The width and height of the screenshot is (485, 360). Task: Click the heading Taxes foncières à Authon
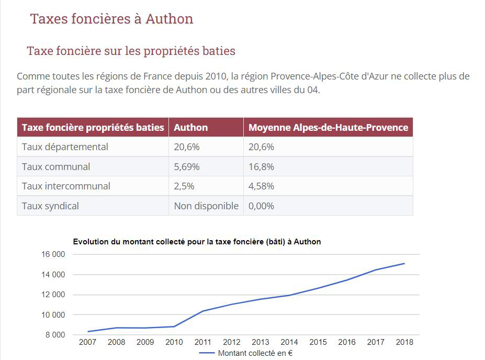click(111, 19)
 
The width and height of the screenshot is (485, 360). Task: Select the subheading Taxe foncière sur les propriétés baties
click(131, 51)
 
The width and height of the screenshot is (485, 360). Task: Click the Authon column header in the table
click(190, 127)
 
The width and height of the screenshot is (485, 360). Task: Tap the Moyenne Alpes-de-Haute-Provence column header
click(328, 127)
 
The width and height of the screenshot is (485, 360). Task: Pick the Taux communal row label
click(56, 166)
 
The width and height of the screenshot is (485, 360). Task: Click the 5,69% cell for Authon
click(186, 166)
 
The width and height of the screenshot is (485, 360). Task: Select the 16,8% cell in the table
click(261, 166)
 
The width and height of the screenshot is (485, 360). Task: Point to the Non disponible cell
click(206, 206)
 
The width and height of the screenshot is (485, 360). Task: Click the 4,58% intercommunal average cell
click(261, 186)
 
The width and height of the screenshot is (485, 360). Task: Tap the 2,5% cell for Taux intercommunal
click(184, 186)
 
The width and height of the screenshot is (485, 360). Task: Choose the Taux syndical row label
click(50, 206)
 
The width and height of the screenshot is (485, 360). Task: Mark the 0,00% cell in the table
click(261, 206)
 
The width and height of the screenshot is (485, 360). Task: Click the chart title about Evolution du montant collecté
click(197, 242)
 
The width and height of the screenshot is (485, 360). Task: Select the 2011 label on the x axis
click(203, 342)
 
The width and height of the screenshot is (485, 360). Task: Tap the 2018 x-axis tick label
click(404, 342)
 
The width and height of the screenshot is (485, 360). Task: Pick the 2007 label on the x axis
click(88, 342)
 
